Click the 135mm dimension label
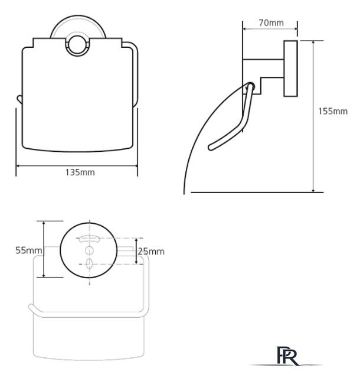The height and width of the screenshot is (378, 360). click(80, 172)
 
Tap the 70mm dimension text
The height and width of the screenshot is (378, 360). click(271, 23)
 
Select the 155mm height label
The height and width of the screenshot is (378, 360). click(333, 111)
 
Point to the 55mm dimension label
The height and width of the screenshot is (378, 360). click(29, 250)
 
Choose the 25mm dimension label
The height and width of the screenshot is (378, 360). click(151, 252)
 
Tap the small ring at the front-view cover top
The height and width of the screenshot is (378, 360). click(77, 46)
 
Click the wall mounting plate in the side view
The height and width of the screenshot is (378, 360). click(290, 69)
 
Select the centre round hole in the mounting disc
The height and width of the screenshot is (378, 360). click(89, 250)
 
